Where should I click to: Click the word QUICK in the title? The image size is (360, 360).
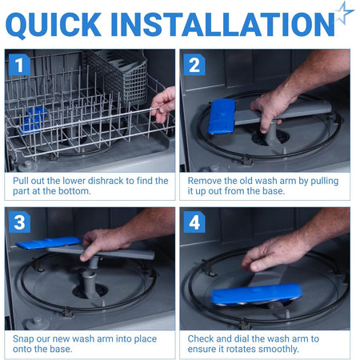54,25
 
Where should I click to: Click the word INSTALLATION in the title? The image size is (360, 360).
222,24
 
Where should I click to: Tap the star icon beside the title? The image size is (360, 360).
344,13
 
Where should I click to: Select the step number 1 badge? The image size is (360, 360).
19,65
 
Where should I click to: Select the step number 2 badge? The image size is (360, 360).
194,65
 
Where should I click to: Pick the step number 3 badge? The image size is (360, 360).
19,222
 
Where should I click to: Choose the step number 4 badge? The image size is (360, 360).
194,222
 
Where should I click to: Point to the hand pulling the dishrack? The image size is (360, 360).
163,104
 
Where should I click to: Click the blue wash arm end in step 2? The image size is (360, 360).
222,116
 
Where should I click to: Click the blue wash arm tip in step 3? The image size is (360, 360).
49,242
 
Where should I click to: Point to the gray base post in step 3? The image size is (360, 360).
90,283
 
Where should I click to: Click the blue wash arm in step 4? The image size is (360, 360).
256,294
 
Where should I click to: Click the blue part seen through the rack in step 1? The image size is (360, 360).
34,119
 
